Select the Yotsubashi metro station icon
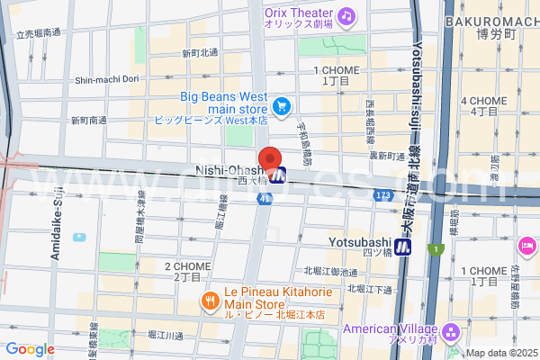(406, 245)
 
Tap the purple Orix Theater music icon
(347, 15)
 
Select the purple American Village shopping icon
(451, 332)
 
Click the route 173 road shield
(382, 193)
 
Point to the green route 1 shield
(437, 248)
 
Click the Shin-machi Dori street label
(106, 79)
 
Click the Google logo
(31, 349)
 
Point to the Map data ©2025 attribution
(499, 353)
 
